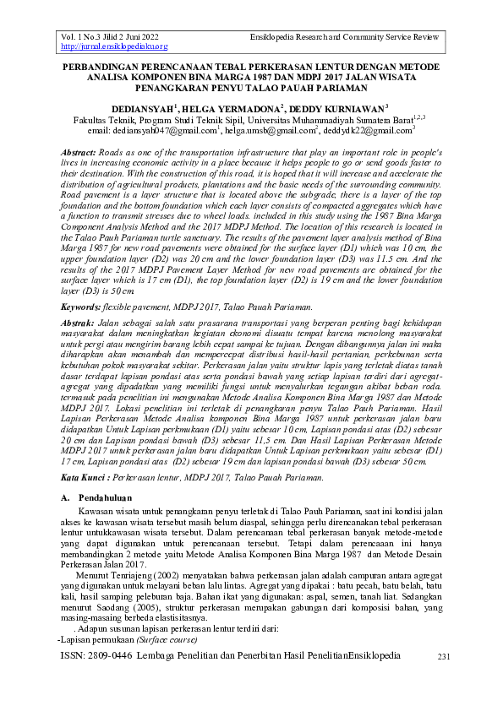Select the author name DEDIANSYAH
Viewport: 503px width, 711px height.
[x=144, y=109]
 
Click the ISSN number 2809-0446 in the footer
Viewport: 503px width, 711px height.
[x=118, y=655]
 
